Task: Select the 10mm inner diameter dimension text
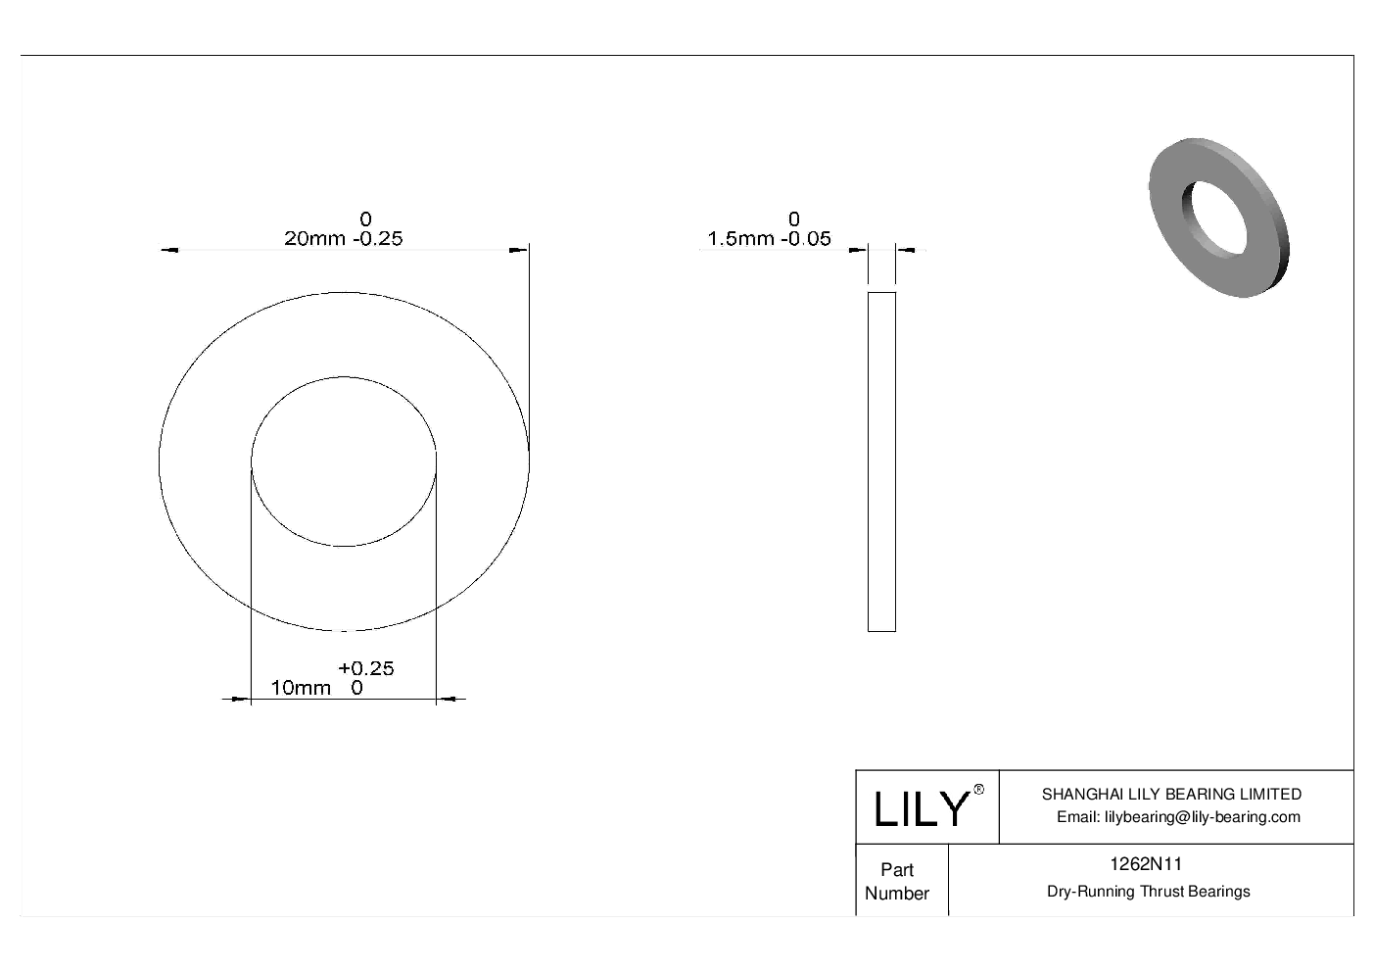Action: [301, 688]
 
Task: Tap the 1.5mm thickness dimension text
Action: [739, 238]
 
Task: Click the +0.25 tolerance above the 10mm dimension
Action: [366, 668]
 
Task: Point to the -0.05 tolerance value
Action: [805, 238]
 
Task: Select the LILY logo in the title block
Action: [921, 809]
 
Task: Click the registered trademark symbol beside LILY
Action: [978, 791]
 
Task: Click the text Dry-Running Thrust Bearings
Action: [1148, 892]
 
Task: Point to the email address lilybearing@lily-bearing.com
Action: [1178, 817]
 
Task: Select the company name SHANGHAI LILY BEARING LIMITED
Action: [1171, 795]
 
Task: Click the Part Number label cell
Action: [897, 881]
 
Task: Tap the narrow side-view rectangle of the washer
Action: [881, 462]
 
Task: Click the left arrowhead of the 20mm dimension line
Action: [169, 251]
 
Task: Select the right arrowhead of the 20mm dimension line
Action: [518, 251]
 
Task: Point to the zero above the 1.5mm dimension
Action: [794, 219]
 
